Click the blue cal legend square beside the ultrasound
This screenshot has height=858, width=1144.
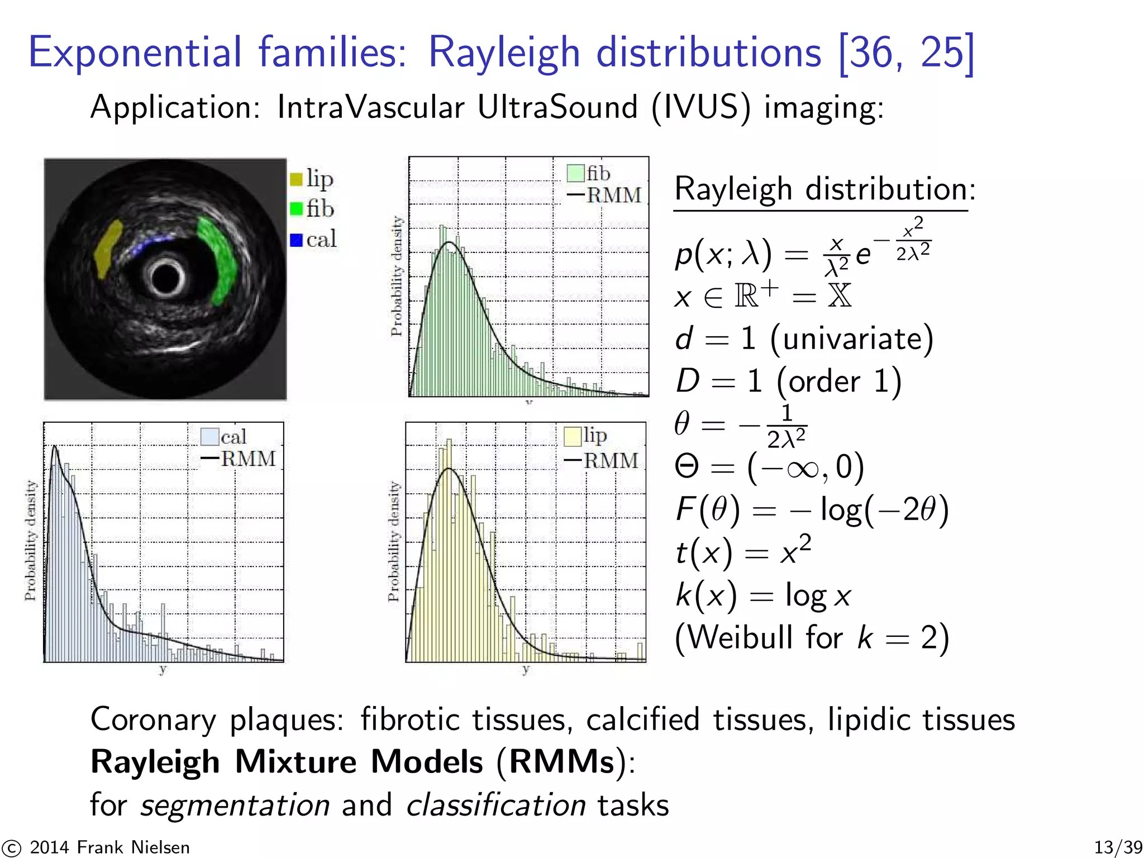pyautogui.click(x=296, y=240)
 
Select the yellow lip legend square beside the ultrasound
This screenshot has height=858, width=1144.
pyautogui.click(x=296, y=179)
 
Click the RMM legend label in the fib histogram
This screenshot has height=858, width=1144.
pyautogui.click(x=614, y=196)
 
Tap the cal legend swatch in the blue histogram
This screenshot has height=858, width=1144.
pyautogui.click(x=209, y=436)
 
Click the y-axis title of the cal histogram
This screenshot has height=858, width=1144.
pyautogui.click(x=30, y=540)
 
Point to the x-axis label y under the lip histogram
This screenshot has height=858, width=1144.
pyautogui.click(x=526, y=669)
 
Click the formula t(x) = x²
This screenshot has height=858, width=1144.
pyautogui.click(x=743, y=552)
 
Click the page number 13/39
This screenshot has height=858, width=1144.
pyautogui.click(x=1118, y=847)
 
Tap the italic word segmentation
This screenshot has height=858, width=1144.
pyautogui.click(x=235, y=805)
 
